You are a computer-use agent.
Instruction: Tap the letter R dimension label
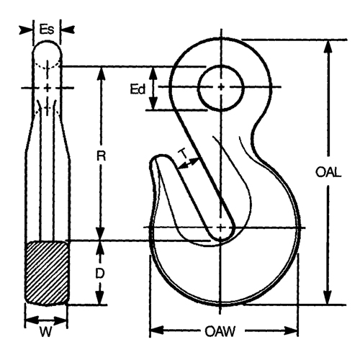coord(102,154)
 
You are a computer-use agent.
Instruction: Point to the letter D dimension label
coord(102,272)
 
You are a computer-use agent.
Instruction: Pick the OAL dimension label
coord(328,172)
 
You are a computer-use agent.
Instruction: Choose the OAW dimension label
coord(223,332)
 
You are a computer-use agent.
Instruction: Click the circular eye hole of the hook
coord(218,88)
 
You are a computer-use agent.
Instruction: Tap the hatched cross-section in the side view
coord(48,272)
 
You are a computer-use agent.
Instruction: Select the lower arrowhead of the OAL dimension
coord(328,300)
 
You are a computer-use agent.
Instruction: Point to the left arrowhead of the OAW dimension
coord(153,332)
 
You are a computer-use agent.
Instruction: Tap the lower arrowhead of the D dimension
coord(102,300)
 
